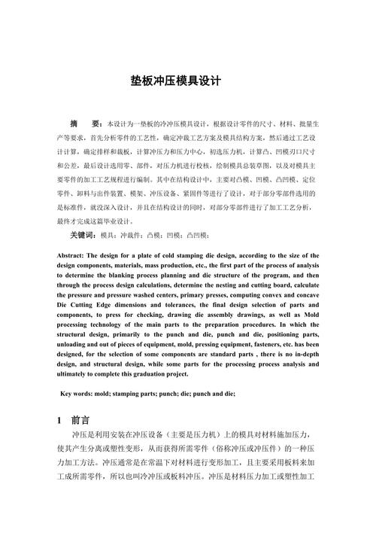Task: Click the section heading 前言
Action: click(x=80, y=420)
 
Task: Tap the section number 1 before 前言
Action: click(x=59, y=420)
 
